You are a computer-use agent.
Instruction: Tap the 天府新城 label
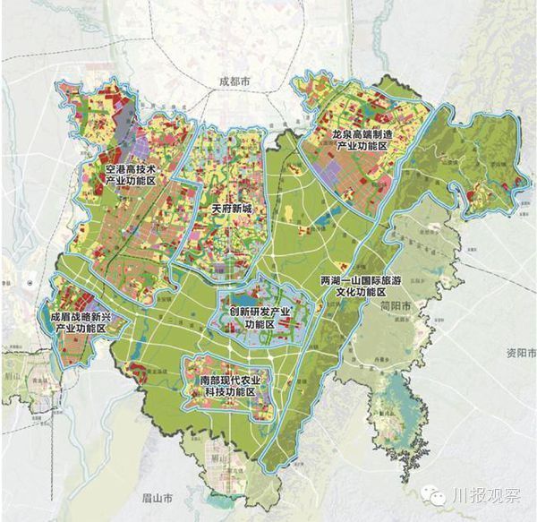click(x=233, y=208)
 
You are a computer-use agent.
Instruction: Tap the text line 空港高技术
click(x=130, y=168)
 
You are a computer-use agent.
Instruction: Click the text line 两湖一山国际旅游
click(x=354, y=280)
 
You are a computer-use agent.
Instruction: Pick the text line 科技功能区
click(x=229, y=392)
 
